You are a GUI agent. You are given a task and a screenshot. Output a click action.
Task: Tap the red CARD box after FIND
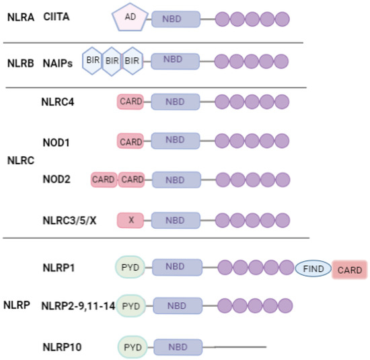point(348,271)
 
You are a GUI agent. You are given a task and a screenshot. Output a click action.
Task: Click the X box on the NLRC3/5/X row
point(130,220)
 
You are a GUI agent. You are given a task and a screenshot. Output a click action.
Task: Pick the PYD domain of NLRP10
point(132,347)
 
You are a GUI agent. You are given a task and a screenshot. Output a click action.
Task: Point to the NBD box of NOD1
point(175,141)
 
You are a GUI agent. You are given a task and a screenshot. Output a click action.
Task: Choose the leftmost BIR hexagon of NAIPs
point(92,61)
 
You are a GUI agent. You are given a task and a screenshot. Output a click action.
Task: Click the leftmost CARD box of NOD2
point(104,180)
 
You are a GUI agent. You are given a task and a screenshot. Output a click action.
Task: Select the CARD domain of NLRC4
point(130,102)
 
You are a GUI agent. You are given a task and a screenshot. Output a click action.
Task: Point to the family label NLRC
point(20,161)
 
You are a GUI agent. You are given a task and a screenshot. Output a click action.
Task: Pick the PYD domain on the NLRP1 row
point(131,267)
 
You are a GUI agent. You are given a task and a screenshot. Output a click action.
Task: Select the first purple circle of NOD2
point(224,180)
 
